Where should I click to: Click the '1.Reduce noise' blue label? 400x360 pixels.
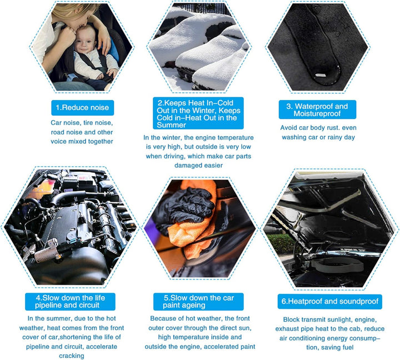tap(82, 108)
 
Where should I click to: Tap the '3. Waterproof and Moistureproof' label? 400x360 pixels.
tap(317, 109)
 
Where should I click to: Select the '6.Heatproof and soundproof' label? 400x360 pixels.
tap(329, 301)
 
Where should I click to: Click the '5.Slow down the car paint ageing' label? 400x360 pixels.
tap(198, 302)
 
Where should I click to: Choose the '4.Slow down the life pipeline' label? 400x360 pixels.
tap(70, 302)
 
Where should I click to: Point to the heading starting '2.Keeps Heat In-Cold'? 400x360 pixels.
tap(198, 113)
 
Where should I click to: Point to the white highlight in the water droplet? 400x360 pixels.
tap(321, 75)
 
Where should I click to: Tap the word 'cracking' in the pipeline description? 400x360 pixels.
tap(72, 356)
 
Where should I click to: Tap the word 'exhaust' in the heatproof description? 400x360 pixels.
tap(287, 329)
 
